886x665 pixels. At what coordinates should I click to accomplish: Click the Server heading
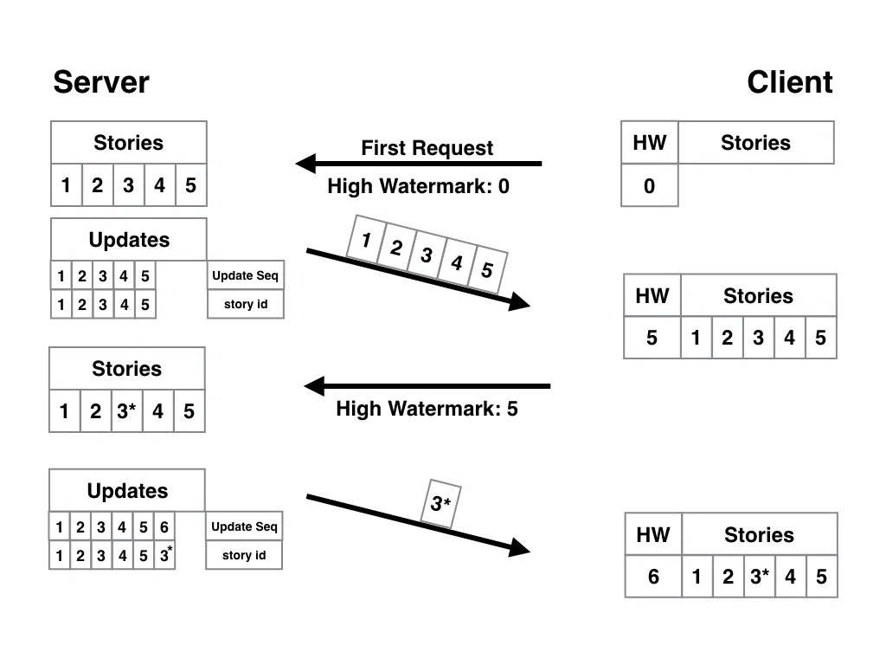100,83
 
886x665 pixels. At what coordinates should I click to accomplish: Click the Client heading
789,83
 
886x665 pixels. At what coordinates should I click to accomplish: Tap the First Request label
427,148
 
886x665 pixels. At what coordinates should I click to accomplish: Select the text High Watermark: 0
418,186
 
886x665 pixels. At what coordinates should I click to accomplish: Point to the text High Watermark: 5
427,409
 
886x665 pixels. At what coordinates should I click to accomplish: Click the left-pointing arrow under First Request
419,163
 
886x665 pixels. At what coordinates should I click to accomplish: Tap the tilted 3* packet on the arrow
440,503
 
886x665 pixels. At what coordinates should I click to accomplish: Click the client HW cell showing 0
649,186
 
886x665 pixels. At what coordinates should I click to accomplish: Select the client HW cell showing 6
653,577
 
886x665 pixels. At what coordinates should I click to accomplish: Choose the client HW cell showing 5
652,338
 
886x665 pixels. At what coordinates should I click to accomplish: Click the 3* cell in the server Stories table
126,411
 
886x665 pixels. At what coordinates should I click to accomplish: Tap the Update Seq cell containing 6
164,527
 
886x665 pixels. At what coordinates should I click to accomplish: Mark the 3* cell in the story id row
164,555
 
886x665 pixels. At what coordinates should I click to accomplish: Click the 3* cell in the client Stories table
759,577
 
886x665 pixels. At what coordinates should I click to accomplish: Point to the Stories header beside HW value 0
755,143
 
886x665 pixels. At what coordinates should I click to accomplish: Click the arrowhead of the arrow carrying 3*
519,547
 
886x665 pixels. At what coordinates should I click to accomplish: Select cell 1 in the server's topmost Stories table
66,185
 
